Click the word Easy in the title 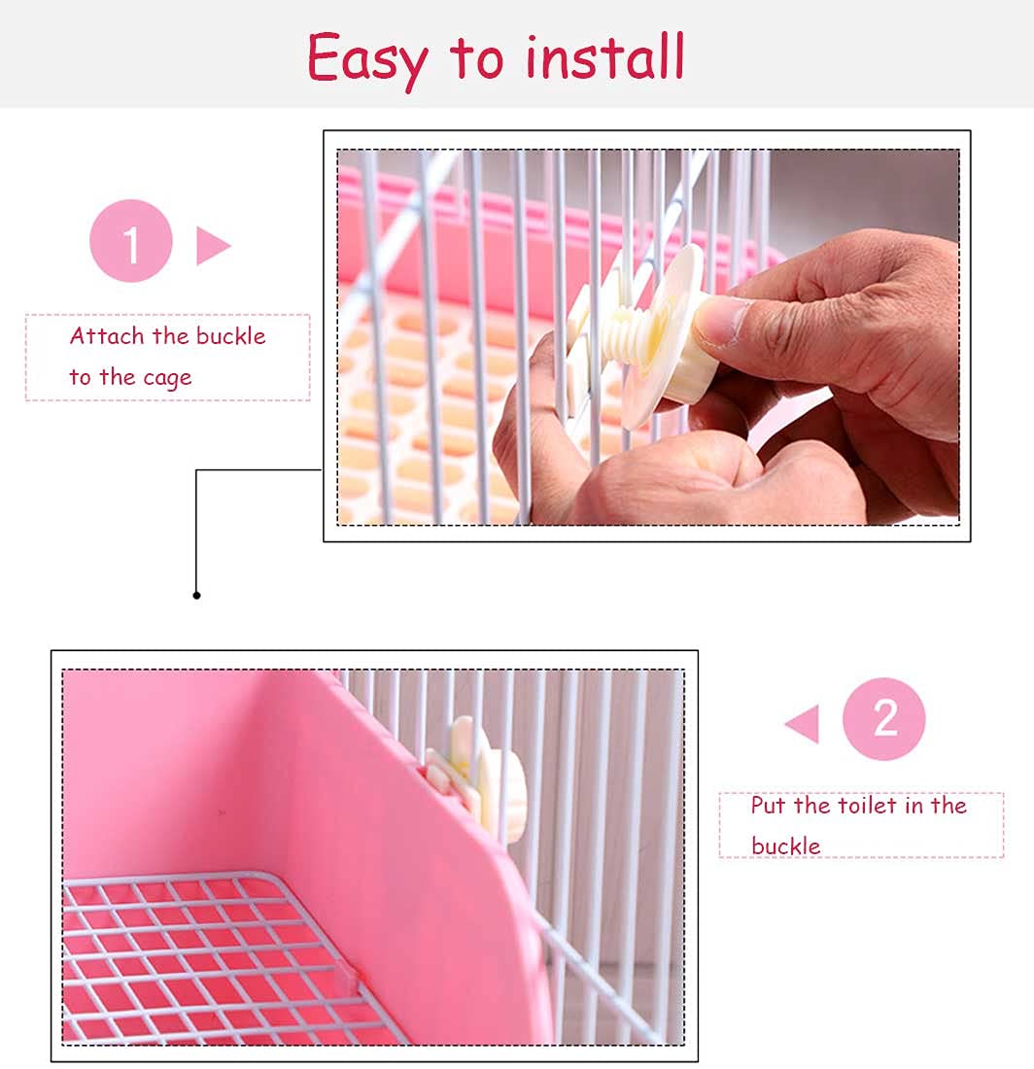click(x=366, y=58)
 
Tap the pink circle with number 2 click(x=883, y=719)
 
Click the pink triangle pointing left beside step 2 click(x=804, y=725)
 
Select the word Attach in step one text click(x=108, y=336)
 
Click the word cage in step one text click(x=166, y=378)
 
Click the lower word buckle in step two click(x=785, y=846)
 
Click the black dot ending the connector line click(x=196, y=595)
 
